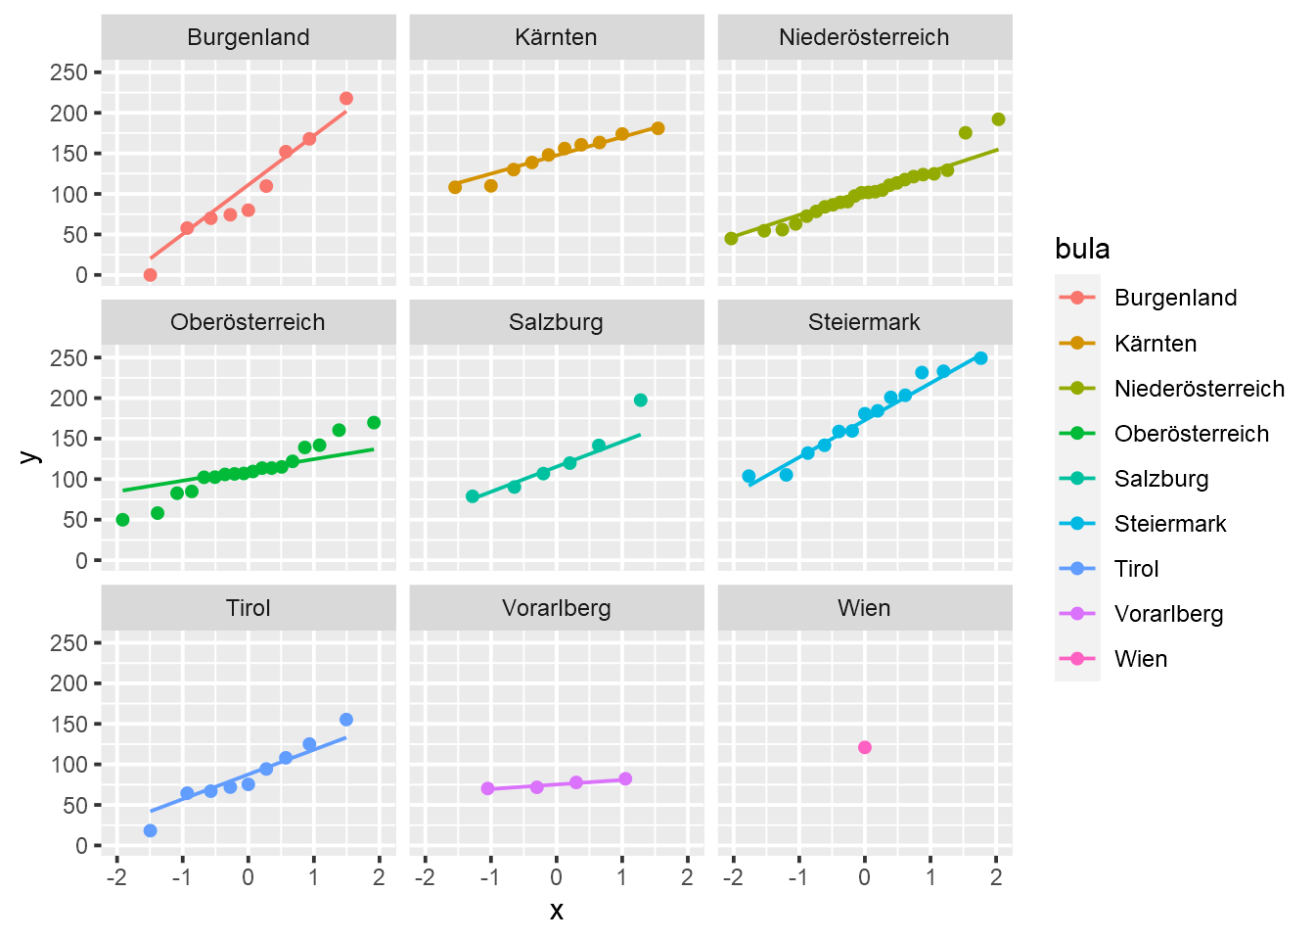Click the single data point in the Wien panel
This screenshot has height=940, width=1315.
pos(865,748)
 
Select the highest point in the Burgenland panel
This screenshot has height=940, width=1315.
pos(346,99)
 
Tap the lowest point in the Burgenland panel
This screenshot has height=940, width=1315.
pos(151,275)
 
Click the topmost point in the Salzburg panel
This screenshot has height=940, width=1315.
pos(641,400)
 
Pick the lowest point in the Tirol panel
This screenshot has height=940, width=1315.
pos(151,830)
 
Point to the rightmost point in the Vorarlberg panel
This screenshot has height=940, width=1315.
pos(625,779)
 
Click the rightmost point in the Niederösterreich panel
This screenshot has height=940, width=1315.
pos(998,119)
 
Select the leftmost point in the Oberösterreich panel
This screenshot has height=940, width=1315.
pos(122,520)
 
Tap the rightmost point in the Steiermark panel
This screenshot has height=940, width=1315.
pos(980,358)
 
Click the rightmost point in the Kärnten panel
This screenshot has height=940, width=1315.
pos(657,128)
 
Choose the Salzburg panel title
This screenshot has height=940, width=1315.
pos(556,322)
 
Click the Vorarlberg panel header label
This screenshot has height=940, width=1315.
pos(556,608)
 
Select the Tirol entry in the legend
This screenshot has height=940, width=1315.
pos(1136,569)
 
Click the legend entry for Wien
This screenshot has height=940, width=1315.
pos(1141,659)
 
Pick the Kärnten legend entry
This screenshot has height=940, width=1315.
pos(1156,344)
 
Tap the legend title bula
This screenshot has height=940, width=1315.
pos(1082,249)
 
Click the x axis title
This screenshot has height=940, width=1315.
pos(557,912)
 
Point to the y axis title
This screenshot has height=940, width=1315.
pos(29,455)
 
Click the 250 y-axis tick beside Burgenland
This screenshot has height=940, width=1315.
pos(68,72)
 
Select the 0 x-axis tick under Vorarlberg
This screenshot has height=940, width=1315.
pos(557,877)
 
